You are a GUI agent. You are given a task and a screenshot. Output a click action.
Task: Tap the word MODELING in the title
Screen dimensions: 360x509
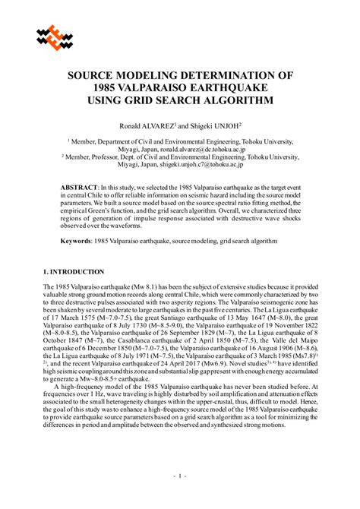pyautogui.click(x=153, y=76)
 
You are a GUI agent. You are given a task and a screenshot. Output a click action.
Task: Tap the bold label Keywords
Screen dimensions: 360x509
pyautogui.click(x=77, y=241)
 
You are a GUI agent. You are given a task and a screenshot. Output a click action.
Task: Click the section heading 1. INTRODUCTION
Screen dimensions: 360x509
pyautogui.click(x=74, y=271)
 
